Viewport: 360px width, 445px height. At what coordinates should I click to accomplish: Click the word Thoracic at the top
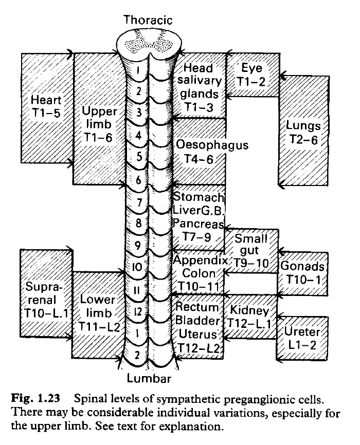[148, 20]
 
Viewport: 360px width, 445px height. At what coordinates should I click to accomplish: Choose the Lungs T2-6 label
[303, 133]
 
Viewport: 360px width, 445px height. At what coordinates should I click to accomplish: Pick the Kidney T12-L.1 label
[249, 318]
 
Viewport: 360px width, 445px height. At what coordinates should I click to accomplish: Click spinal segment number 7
[138, 202]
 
